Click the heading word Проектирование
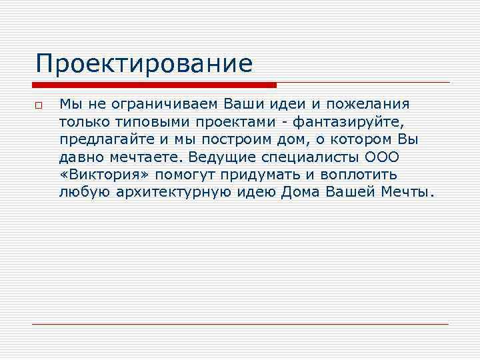pyautogui.click(x=145, y=64)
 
